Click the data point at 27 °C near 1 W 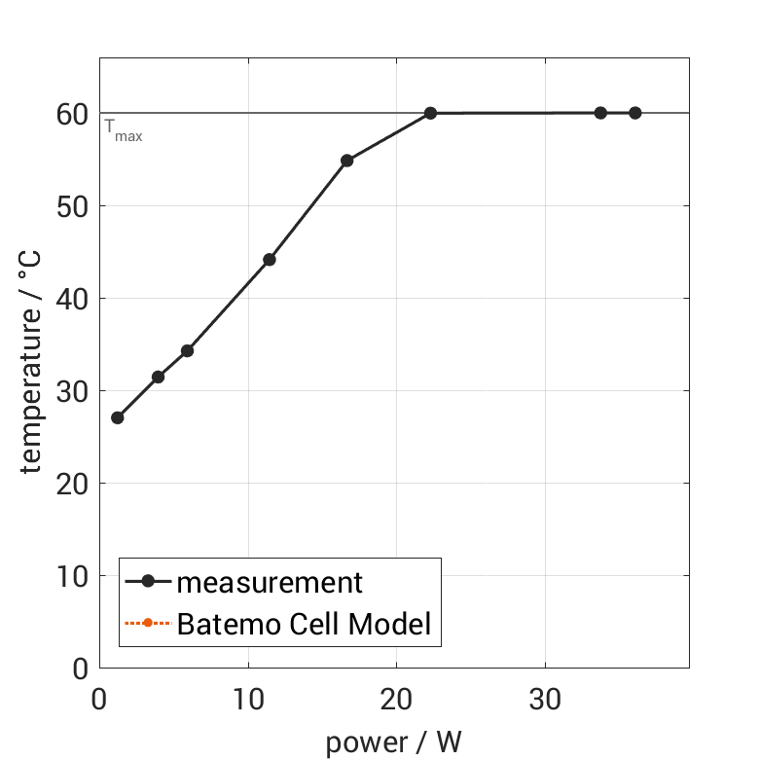(118, 417)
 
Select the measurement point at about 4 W (158, 377)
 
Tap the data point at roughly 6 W (187, 350)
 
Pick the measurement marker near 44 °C (270, 260)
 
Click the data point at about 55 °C (346, 161)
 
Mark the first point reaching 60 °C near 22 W (430, 113)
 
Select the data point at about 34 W (600, 113)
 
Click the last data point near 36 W (634, 113)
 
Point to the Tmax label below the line (124, 131)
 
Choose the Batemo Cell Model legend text (304, 624)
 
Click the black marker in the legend (148, 582)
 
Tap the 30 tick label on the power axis (545, 699)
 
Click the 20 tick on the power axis (396, 699)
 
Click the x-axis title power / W (393, 742)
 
